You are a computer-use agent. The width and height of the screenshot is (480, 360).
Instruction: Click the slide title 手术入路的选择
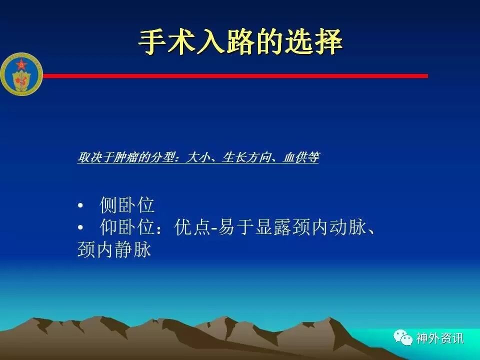(x=240, y=42)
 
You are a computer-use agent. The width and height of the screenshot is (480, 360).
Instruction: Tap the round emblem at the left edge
(x=21, y=74)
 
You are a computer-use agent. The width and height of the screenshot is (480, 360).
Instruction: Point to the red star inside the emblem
(x=21, y=65)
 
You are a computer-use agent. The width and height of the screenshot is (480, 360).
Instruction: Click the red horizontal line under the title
(x=235, y=75)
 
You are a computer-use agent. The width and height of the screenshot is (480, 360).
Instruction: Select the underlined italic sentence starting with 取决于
(x=198, y=157)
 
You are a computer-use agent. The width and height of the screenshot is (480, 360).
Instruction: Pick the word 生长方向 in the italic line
(x=246, y=157)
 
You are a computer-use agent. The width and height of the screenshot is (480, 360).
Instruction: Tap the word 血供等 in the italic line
(x=301, y=157)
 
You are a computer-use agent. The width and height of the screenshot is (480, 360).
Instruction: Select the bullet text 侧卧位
(x=127, y=205)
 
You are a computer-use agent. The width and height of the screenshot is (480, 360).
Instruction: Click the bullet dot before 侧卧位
(x=80, y=205)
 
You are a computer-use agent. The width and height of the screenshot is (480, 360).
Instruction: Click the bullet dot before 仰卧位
(x=80, y=228)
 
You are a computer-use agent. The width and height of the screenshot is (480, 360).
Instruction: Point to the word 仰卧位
(x=127, y=227)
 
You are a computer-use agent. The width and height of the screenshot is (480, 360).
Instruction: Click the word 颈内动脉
(x=329, y=227)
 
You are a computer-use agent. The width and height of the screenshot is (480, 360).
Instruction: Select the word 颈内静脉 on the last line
(x=114, y=249)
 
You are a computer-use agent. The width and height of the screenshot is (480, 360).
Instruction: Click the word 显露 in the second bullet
(x=273, y=227)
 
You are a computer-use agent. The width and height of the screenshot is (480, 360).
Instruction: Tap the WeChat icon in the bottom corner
(x=403, y=337)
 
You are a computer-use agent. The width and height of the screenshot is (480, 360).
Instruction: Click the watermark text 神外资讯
(x=439, y=338)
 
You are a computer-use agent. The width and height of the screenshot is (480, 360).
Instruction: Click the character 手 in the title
(x=152, y=42)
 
